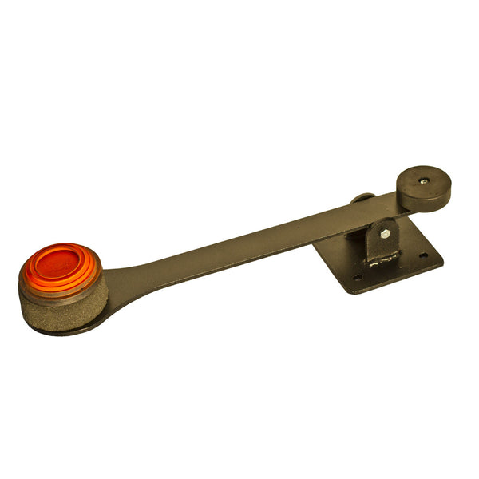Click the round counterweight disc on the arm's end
423,180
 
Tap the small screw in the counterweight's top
422,180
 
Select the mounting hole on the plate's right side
422,255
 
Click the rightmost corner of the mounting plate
442,260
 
